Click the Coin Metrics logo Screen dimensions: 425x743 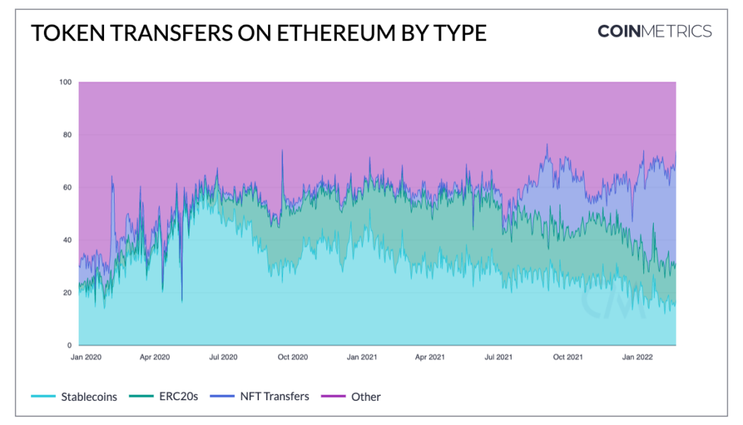[655, 31]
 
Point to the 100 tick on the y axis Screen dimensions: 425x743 [65, 82]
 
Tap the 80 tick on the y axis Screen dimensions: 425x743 [67, 135]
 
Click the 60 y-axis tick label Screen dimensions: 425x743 [67, 188]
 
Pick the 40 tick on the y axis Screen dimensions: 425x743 [67, 240]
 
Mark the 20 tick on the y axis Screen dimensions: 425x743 [67, 293]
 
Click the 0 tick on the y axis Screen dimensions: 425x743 [69, 345]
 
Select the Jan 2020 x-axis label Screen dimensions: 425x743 [86, 357]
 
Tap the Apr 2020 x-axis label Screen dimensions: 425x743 [155, 357]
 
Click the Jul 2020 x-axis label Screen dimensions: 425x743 [223, 357]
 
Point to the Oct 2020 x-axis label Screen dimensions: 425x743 [292, 357]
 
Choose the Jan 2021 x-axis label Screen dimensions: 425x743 [362, 357]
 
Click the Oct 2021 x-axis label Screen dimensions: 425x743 [568, 357]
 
